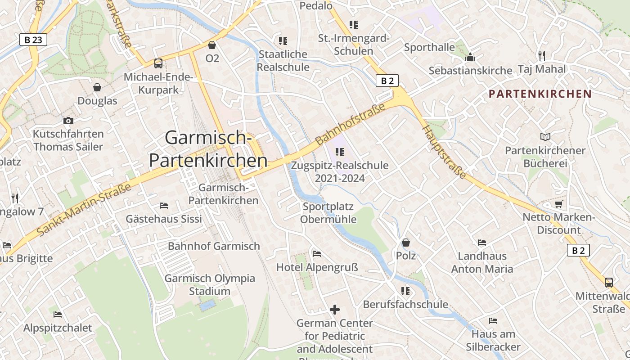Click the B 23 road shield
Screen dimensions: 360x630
click(33, 40)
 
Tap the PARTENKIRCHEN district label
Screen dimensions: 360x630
click(540, 94)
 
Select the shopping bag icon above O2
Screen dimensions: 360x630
click(212, 45)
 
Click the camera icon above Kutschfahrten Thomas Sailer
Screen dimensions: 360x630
click(68, 121)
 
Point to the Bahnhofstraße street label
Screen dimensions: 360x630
click(351, 124)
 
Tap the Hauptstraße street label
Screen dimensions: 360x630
click(444, 152)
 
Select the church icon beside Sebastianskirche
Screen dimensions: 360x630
click(470, 57)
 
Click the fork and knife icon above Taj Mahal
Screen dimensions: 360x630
click(542, 55)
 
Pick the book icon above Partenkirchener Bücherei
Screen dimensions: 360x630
click(545, 137)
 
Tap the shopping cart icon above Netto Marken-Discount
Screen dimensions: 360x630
click(558, 204)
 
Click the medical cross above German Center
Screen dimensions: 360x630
click(334, 310)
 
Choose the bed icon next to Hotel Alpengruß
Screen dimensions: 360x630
click(317, 254)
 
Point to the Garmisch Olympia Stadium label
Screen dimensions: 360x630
click(210, 284)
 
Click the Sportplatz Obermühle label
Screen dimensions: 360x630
click(328, 213)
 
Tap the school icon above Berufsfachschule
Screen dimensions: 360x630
click(405, 291)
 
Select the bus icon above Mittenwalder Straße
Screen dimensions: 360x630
click(608, 283)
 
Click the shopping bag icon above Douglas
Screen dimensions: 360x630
click(97, 87)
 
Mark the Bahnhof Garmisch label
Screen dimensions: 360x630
click(214, 246)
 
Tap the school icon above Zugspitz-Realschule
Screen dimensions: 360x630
click(340, 152)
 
